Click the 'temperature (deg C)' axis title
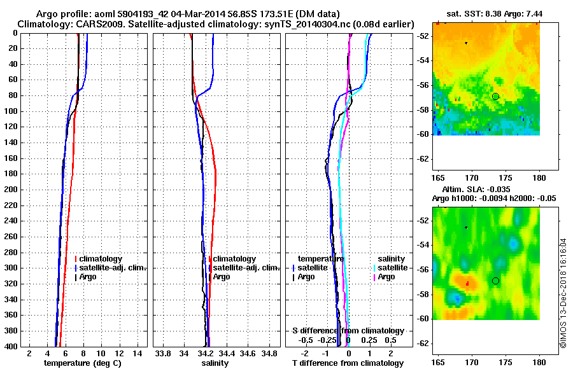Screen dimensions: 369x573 tap(82, 363)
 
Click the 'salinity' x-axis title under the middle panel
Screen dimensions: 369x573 tap(216, 363)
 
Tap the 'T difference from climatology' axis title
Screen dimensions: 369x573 tap(348, 363)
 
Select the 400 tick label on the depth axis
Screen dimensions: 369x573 tap(12, 347)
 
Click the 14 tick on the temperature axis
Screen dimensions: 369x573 tap(136, 352)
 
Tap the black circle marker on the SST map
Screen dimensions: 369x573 tap(495, 96)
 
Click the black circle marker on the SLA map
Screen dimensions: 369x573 tap(495, 281)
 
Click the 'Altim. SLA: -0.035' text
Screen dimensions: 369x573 tap(470, 190)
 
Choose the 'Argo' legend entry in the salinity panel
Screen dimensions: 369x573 tap(222, 277)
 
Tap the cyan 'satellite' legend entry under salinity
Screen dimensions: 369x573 tap(392, 268)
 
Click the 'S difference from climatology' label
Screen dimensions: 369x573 tap(348, 331)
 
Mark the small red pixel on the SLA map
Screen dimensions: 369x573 tap(467, 282)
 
